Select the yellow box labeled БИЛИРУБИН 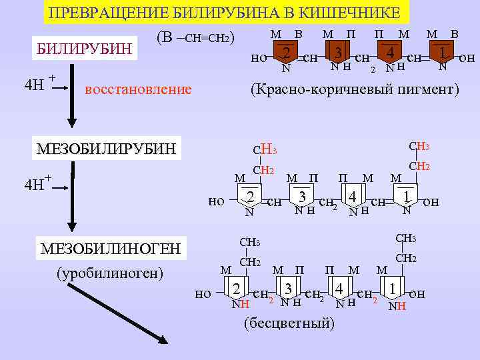click(85, 49)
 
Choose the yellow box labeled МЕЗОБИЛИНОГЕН click(111, 249)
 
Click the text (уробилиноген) click(110, 273)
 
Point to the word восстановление click(139, 89)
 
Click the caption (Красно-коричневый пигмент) click(354, 89)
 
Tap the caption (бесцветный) click(289, 323)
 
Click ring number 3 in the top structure click(339, 52)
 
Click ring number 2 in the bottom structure click(236, 289)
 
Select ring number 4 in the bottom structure click(340, 289)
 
